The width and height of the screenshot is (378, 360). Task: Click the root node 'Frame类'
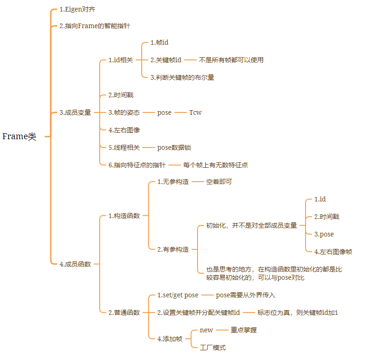pyautogui.click(x=19, y=136)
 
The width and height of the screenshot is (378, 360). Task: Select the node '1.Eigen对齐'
pyautogui.click(x=78, y=9)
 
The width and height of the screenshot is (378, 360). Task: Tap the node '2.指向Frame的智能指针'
pyautogui.click(x=95, y=26)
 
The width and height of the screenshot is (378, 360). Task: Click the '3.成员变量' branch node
pyautogui.click(x=75, y=112)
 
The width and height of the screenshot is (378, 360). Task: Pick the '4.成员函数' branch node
pyautogui.click(x=75, y=264)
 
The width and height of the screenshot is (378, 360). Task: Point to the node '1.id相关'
pyautogui.click(x=120, y=60)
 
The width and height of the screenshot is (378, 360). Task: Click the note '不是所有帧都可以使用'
pyautogui.click(x=231, y=60)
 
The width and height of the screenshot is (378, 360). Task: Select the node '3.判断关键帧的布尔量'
pyautogui.click(x=182, y=77)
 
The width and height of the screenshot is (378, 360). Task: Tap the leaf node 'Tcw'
pyautogui.click(x=195, y=112)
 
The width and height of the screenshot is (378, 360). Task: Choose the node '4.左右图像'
pyautogui.click(x=124, y=130)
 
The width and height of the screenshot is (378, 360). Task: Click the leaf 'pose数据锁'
pyautogui.click(x=174, y=148)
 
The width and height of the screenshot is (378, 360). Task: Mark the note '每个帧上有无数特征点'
pyautogui.click(x=218, y=165)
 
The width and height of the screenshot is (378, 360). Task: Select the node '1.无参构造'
pyautogui.click(x=173, y=182)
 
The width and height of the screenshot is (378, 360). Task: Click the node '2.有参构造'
pyautogui.click(x=173, y=249)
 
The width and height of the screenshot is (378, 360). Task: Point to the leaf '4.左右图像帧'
pyautogui.click(x=333, y=252)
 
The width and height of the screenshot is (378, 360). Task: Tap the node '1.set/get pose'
pyautogui.click(x=178, y=295)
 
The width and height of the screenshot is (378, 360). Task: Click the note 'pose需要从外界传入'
pyautogui.click(x=246, y=295)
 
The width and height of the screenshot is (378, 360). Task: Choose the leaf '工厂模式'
pyautogui.click(x=213, y=348)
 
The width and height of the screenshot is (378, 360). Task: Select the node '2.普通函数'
pyautogui.click(x=124, y=313)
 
